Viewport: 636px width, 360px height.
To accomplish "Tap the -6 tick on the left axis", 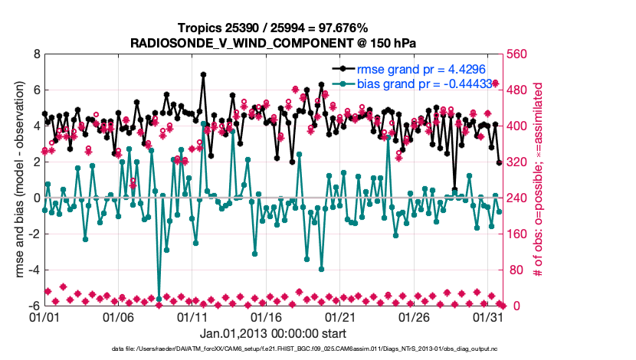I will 34,306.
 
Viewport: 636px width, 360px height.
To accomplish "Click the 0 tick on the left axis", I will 36,198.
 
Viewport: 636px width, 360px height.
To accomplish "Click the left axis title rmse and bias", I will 16,180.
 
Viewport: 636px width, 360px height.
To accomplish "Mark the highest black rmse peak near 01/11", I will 203,74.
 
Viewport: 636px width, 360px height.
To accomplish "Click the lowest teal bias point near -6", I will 159,299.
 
